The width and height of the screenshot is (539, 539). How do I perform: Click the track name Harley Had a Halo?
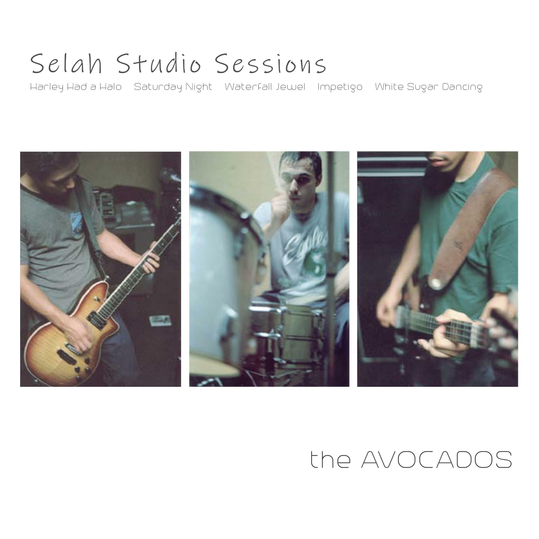click(x=76, y=87)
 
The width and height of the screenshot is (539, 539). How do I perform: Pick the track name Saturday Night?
click(x=173, y=87)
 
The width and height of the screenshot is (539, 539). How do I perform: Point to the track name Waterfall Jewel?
click(x=265, y=87)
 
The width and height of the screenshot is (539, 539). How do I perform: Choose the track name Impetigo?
click(x=340, y=87)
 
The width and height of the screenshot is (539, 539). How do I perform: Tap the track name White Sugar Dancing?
click(x=429, y=87)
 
